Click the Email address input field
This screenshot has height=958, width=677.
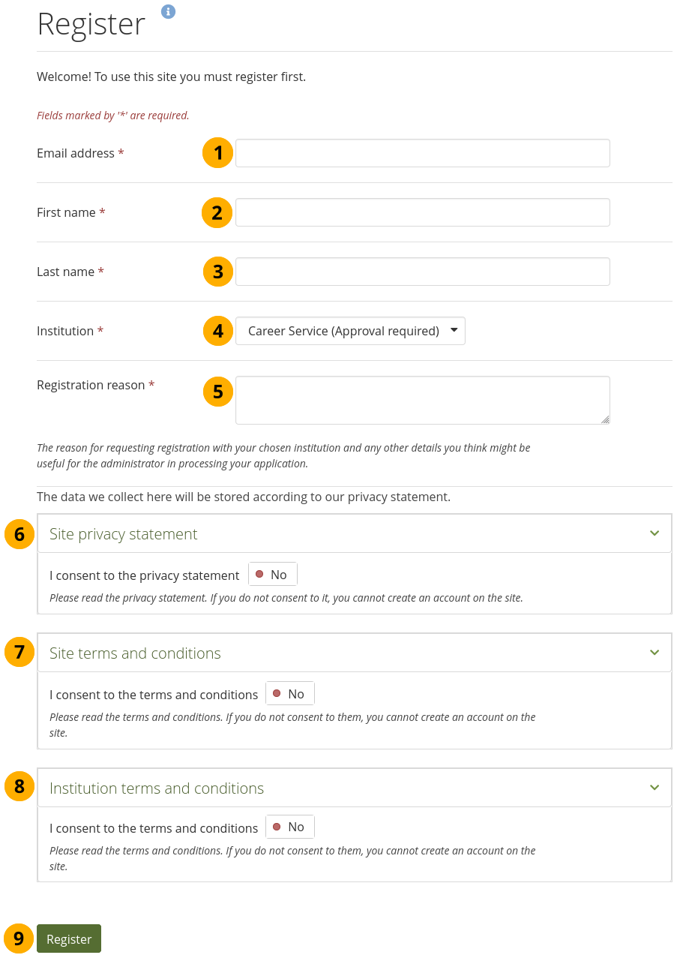pos(422,153)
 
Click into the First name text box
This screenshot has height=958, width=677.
pos(422,212)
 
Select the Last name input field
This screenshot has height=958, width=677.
pos(422,272)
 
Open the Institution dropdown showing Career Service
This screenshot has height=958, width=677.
pos(350,331)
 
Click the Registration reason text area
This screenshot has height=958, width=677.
pos(422,400)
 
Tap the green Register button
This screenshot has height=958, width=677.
pos(69,938)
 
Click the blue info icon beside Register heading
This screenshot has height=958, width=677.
pos(169,11)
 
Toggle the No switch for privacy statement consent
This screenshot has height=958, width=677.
pos(273,575)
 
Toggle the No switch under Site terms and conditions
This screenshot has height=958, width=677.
pos(290,694)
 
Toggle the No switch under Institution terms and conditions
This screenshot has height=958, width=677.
pos(290,827)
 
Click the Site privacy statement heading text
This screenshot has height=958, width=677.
pos(124,534)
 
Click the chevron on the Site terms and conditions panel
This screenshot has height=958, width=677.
pos(655,653)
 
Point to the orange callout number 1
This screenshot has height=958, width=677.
pos(217,153)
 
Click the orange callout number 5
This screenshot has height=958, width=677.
pos(218,391)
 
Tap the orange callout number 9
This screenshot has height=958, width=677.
pos(19,938)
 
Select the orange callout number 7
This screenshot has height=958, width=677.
pos(19,651)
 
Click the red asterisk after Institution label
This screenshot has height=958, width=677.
pos(100,331)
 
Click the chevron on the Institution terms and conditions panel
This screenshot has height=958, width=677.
pos(655,788)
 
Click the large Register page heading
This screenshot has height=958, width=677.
pos(91,24)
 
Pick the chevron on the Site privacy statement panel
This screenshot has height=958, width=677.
pos(655,533)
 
